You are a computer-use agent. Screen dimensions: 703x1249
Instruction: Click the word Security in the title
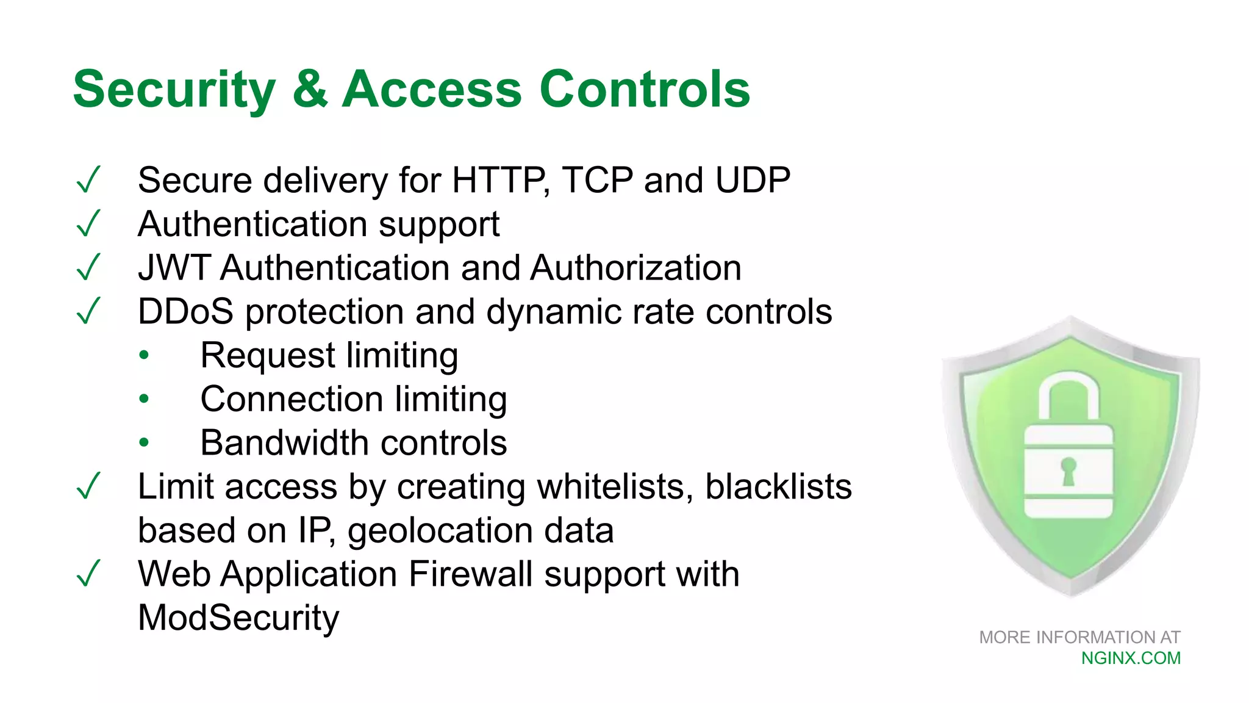tap(174, 90)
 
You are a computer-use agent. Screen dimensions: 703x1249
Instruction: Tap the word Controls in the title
tap(644, 90)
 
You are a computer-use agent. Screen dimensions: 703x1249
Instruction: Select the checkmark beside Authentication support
tap(88, 224)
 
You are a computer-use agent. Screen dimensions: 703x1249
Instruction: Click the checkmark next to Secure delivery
tap(88, 180)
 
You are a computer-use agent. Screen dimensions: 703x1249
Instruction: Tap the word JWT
tap(174, 268)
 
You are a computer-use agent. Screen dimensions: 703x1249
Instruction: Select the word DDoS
tap(185, 312)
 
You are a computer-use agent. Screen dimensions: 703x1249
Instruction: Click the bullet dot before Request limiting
tap(144, 355)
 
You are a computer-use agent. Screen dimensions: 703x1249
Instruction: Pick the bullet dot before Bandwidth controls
tap(144, 442)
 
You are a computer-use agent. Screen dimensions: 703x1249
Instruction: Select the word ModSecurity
tap(238, 618)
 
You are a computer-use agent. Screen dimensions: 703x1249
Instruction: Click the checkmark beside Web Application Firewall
tap(88, 574)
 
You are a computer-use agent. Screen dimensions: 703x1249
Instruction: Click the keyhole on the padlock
tap(1068, 470)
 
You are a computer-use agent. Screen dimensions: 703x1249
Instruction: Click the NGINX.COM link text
tap(1131, 658)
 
